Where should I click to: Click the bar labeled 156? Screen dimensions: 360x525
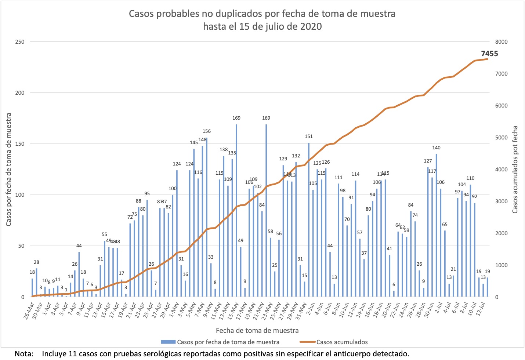(x=207, y=217)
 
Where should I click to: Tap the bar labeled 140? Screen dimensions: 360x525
(x=437, y=225)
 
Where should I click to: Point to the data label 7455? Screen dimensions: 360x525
(x=489, y=54)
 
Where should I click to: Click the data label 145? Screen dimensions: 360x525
(x=194, y=142)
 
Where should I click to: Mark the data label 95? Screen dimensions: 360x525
(x=147, y=193)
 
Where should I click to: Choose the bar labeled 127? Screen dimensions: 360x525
(x=428, y=232)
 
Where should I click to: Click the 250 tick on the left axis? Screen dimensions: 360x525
(x=20, y=42)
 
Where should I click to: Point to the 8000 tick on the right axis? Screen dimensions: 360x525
(x=502, y=42)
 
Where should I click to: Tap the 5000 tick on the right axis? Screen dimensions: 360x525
(x=502, y=138)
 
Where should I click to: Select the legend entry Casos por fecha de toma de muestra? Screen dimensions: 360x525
(x=228, y=342)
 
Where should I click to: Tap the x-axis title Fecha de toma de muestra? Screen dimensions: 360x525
(x=257, y=330)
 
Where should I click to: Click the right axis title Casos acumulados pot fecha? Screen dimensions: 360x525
(x=515, y=170)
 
